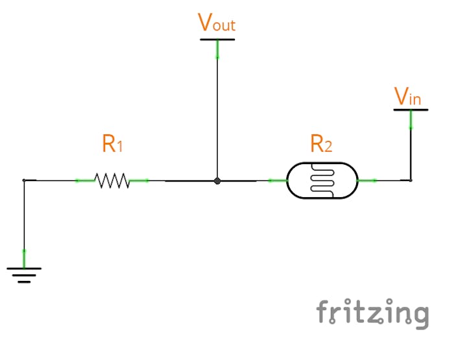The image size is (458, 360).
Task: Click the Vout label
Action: pos(217,23)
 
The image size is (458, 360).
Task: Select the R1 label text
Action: pos(112,143)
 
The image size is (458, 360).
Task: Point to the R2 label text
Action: pos(320,143)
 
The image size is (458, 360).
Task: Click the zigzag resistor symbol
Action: pos(112,180)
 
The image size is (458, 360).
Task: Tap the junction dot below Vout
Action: pos(217,181)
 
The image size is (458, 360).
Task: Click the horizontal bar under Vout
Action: pos(217,40)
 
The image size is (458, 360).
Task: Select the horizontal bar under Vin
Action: pos(411,110)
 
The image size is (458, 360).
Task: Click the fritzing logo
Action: pos(372,314)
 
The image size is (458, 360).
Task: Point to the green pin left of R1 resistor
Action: pos(85,180)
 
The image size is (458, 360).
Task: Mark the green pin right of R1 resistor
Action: pos(139,180)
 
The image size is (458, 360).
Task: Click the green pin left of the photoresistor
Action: pos(277,180)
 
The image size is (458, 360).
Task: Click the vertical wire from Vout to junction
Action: pos(217,117)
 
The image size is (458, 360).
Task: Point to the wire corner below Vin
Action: pos(411,180)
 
